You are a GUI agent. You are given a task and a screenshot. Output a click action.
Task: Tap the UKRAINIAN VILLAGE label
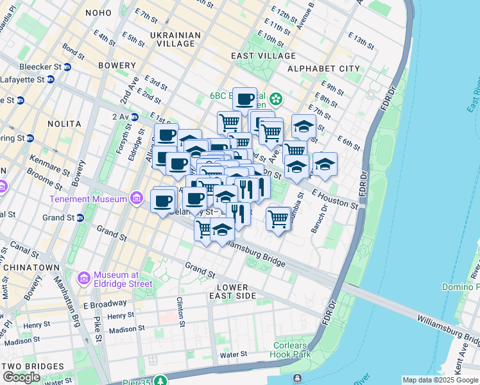[171, 39]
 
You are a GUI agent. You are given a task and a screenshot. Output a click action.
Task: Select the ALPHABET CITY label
[323, 69]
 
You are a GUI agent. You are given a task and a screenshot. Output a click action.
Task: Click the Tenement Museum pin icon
[136, 199]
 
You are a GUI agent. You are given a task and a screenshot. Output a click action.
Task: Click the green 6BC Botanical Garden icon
[276, 99]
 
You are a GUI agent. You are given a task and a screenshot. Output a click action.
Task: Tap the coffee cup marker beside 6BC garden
[244, 99]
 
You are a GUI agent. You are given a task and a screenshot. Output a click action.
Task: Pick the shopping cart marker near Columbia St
[278, 219]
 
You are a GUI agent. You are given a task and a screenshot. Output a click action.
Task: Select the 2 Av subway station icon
[137, 117]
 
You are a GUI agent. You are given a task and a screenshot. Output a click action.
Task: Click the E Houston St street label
[335, 198]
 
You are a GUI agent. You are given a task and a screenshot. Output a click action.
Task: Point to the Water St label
[234, 354]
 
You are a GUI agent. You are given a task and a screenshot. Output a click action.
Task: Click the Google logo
[22, 377]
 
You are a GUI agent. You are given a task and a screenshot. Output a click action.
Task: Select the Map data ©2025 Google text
[440, 380]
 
